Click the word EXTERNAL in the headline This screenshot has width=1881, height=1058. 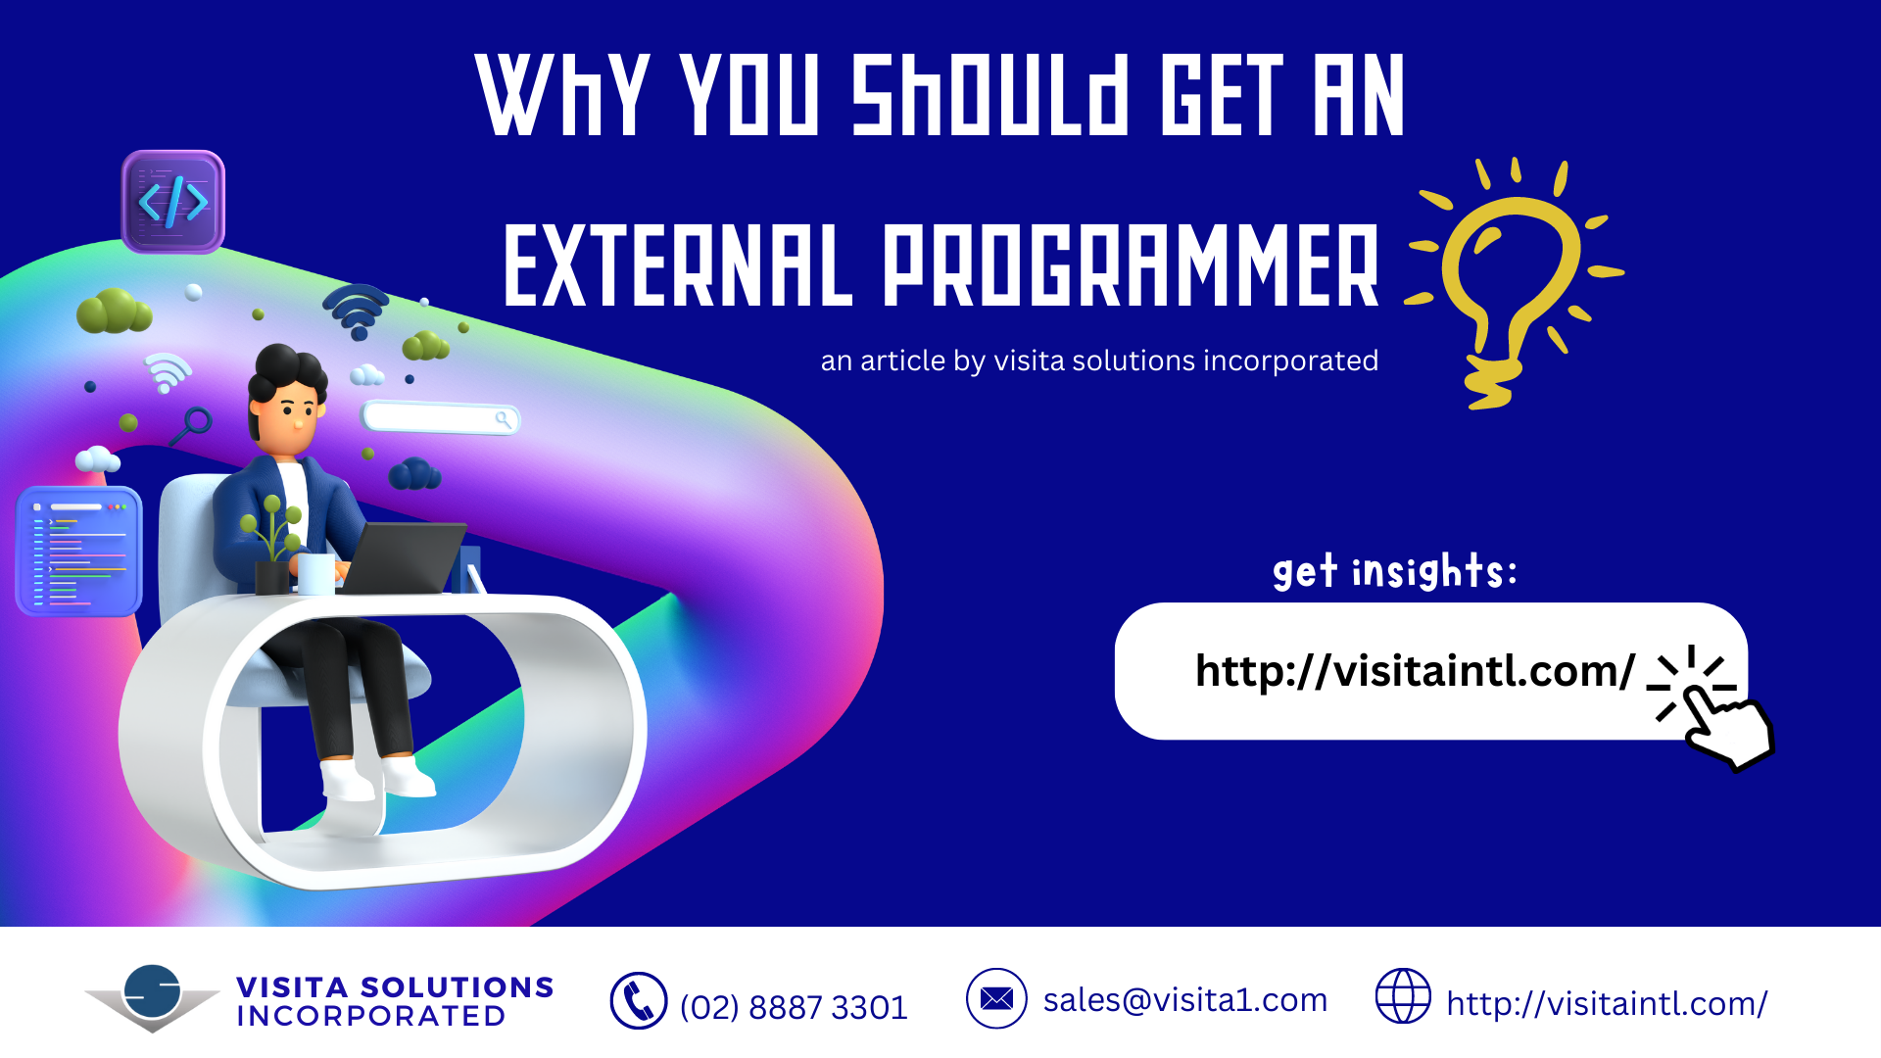point(678,264)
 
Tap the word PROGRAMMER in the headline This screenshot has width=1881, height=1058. point(1132,264)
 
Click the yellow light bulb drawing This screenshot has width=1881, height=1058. point(1515,284)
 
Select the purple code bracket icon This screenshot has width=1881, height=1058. point(173,202)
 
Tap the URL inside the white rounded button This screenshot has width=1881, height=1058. point(1415,671)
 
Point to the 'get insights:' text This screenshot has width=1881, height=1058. point(1395,571)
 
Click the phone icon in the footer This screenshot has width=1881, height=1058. point(639,1001)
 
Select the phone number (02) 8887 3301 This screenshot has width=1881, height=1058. point(794,1007)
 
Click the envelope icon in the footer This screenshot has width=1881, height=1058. point(996,998)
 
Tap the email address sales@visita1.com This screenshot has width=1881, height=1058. point(1185,1000)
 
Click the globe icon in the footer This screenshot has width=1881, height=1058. point(1403,996)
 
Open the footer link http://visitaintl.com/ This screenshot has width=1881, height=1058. point(1607,1004)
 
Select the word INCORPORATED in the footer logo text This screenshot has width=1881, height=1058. point(371,1017)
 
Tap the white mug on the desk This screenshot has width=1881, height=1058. point(315,574)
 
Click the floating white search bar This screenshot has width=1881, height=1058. point(441,418)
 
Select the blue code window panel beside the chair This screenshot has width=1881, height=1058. point(79,552)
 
